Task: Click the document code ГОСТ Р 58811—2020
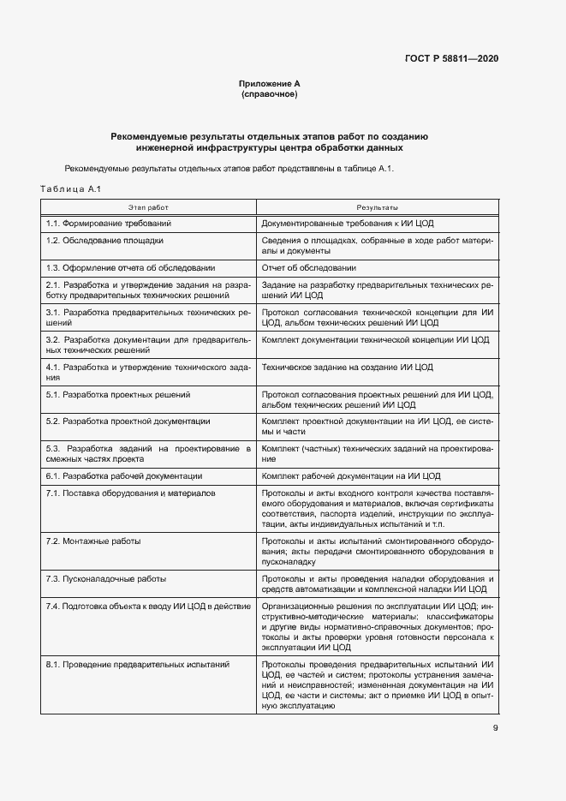(x=451, y=58)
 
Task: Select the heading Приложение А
(x=269, y=83)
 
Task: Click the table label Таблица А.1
(x=71, y=188)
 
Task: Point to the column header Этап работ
(x=148, y=207)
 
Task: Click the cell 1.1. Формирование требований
(x=109, y=223)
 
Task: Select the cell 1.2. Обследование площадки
(x=104, y=241)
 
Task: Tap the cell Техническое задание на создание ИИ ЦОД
(x=348, y=368)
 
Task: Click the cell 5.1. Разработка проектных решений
(x=118, y=395)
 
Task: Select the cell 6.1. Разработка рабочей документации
(x=124, y=475)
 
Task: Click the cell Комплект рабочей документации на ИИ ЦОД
(x=351, y=475)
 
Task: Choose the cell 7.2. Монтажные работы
(x=93, y=541)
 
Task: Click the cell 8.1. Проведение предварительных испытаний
(x=138, y=665)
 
